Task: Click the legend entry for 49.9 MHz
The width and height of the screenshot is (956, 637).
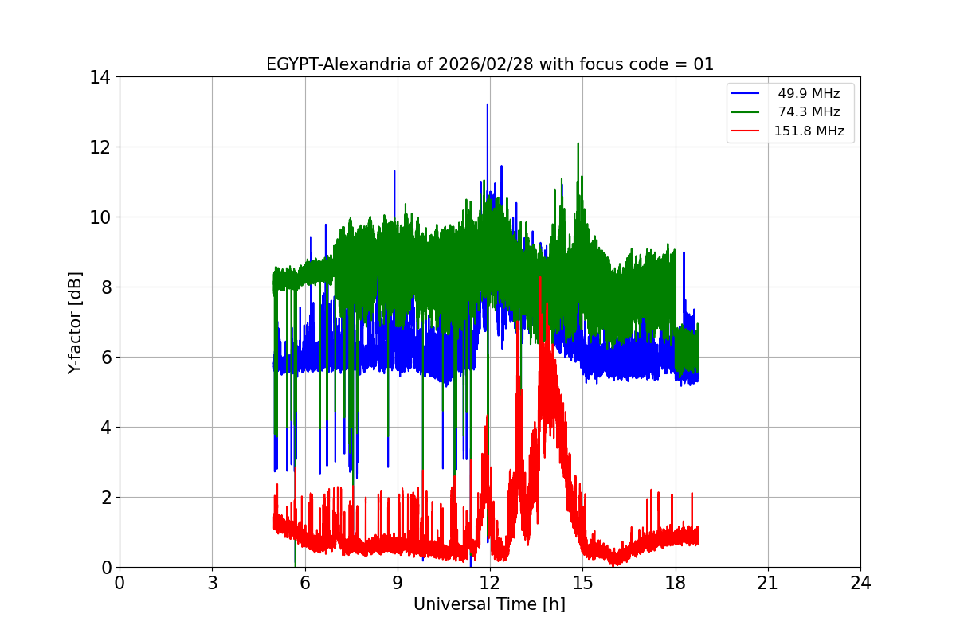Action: [809, 94]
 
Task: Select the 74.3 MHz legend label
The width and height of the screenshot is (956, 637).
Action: [809, 112]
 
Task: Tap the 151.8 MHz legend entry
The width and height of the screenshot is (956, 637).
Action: [809, 131]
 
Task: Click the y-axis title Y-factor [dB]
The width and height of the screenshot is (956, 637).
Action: [76, 322]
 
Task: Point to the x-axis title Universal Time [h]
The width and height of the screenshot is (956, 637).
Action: [489, 604]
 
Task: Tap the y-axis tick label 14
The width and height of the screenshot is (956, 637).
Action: [100, 77]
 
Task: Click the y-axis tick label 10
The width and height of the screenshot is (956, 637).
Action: [100, 217]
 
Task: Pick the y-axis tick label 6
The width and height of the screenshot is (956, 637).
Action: [105, 358]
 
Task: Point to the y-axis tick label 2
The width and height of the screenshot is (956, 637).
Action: [105, 498]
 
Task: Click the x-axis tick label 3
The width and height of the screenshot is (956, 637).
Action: [212, 583]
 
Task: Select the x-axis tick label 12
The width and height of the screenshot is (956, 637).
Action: [490, 583]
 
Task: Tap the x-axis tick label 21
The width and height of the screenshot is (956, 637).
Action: [768, 583]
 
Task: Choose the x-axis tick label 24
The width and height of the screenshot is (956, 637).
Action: [860, 583]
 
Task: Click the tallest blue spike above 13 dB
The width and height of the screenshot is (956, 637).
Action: [488, 104]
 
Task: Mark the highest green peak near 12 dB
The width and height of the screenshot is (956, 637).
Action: [578, 143]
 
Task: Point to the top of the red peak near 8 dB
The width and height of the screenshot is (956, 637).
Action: [540, 276]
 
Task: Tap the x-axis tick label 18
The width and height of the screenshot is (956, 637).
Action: [676, 583]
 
